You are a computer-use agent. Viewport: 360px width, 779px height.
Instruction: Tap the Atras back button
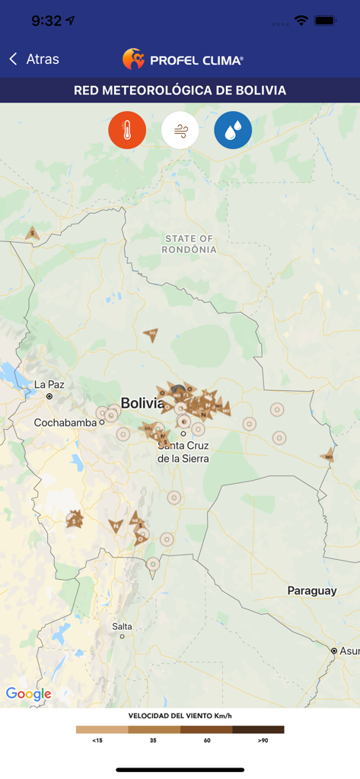click(34, 59)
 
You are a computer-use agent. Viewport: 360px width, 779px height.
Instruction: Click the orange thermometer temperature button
click(127, 131)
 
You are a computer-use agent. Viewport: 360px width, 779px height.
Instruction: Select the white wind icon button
click(180, 131)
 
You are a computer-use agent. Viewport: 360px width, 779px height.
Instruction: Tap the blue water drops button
click(233, 131)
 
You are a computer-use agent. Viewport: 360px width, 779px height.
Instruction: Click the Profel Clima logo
click(183, 59)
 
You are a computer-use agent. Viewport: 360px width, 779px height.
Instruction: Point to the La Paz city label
click(49, 385)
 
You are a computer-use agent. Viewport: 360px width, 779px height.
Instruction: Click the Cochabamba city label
click(64, 422)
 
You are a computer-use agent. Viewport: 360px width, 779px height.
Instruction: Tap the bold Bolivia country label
click(142, 403)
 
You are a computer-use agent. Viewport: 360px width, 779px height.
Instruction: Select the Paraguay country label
click(312, 591)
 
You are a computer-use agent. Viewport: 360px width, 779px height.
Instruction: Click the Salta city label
click(122, 627)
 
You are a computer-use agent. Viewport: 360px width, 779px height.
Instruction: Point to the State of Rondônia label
click(190, 244)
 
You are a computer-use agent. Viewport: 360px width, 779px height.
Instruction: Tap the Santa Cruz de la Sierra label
click(183, 452)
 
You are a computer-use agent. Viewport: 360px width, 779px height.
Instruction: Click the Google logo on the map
click(29, 694)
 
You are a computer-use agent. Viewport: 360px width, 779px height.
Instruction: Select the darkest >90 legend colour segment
click(258, 730)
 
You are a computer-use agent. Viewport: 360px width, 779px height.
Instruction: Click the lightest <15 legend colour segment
click(102, 730)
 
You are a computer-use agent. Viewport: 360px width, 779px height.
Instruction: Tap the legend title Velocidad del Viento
click(180, 716)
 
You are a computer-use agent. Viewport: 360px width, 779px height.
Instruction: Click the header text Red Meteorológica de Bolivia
click(180, 91)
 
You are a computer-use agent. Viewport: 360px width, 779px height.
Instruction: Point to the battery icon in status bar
click(325, 21)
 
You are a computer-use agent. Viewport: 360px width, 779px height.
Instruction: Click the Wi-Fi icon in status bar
click(301, 21)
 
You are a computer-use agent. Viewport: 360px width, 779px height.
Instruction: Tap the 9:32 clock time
click(46, 21)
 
